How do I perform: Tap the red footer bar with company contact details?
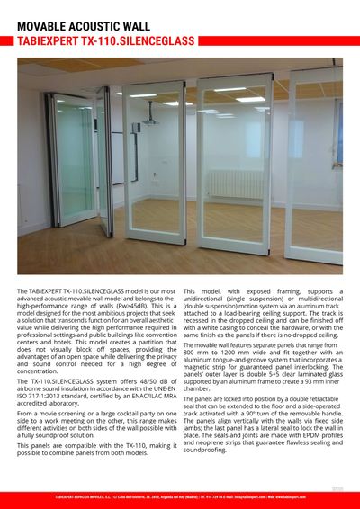180,496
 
